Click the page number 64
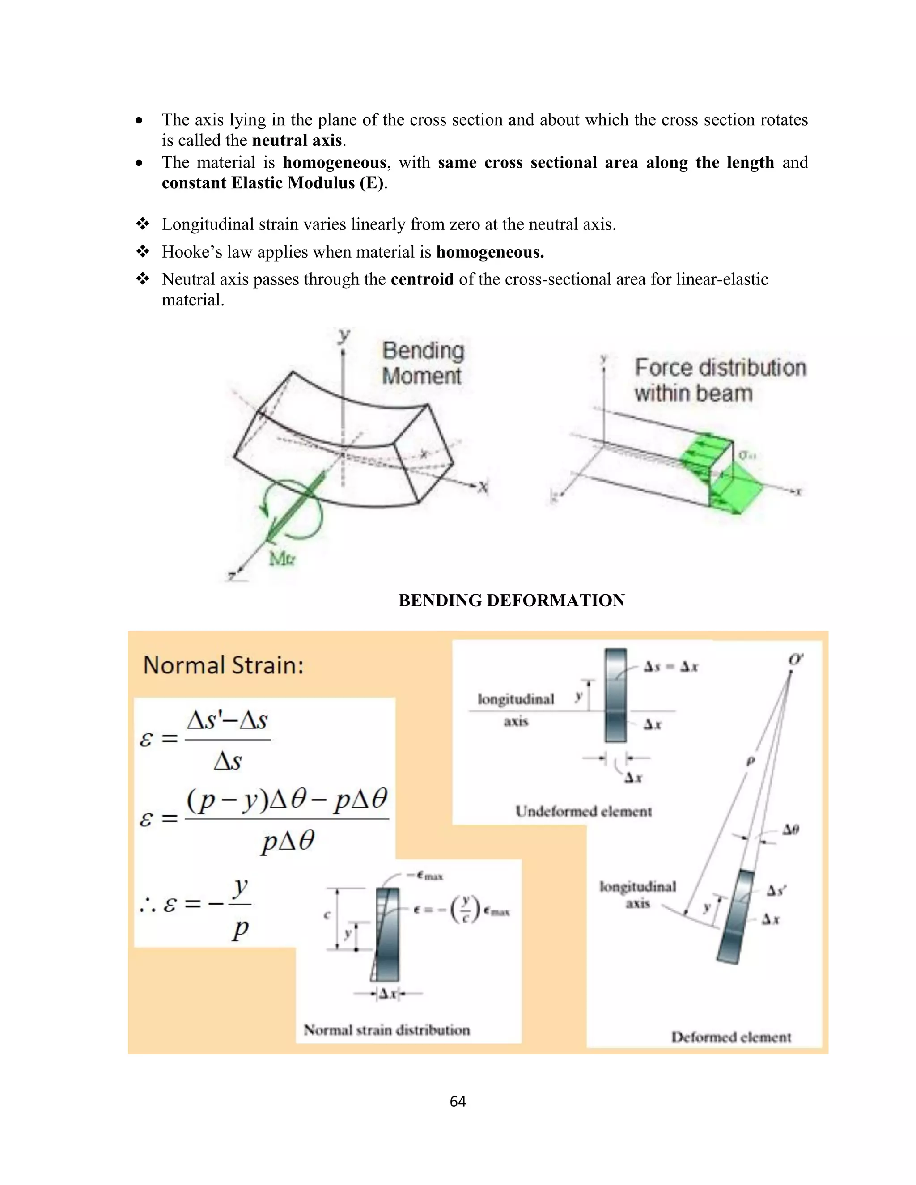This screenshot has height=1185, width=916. [x=458, y=1101]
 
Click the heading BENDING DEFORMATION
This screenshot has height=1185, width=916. [x=511, y=600]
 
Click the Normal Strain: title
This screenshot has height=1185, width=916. [x=223, y=665]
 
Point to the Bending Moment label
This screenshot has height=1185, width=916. [x=423, y=363]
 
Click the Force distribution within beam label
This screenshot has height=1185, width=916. [x=720, y=380]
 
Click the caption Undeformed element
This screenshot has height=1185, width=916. [x=583, y=812]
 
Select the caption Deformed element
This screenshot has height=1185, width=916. [x=730, y=1037]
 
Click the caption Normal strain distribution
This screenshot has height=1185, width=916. [x=386, y=1030]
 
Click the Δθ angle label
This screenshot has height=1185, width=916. [x=790, y=829]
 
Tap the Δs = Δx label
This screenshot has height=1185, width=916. [x=671, y=667]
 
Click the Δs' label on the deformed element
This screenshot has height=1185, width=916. [x=776, y=890]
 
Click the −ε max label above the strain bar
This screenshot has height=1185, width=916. [x=427, y=876]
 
